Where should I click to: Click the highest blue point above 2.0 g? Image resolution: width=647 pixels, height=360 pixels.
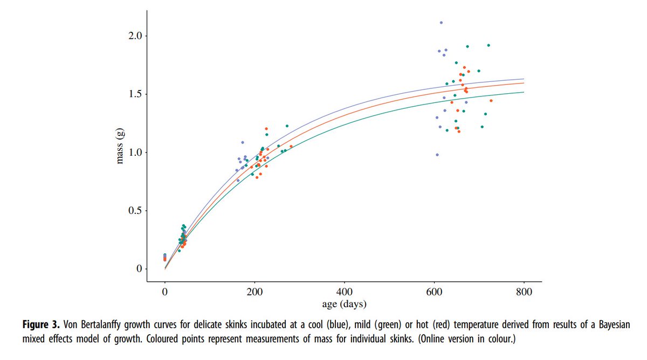tap(441, 23)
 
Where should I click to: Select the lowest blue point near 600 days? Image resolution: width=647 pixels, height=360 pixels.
tap(437, 155)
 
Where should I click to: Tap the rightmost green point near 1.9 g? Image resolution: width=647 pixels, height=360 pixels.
tap(488, 45)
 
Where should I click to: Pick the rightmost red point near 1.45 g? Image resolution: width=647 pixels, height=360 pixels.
tap(491, 101)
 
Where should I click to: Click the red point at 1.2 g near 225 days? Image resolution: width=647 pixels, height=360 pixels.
tap(266, 129)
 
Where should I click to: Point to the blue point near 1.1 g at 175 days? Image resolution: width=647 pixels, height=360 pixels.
tap(243, 142)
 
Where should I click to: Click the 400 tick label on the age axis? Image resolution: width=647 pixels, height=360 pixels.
tap(344, 292)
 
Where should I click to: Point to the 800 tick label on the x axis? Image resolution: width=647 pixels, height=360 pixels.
tap(524, 292)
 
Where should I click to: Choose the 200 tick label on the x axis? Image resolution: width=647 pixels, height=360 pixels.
tap(254, 292)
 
